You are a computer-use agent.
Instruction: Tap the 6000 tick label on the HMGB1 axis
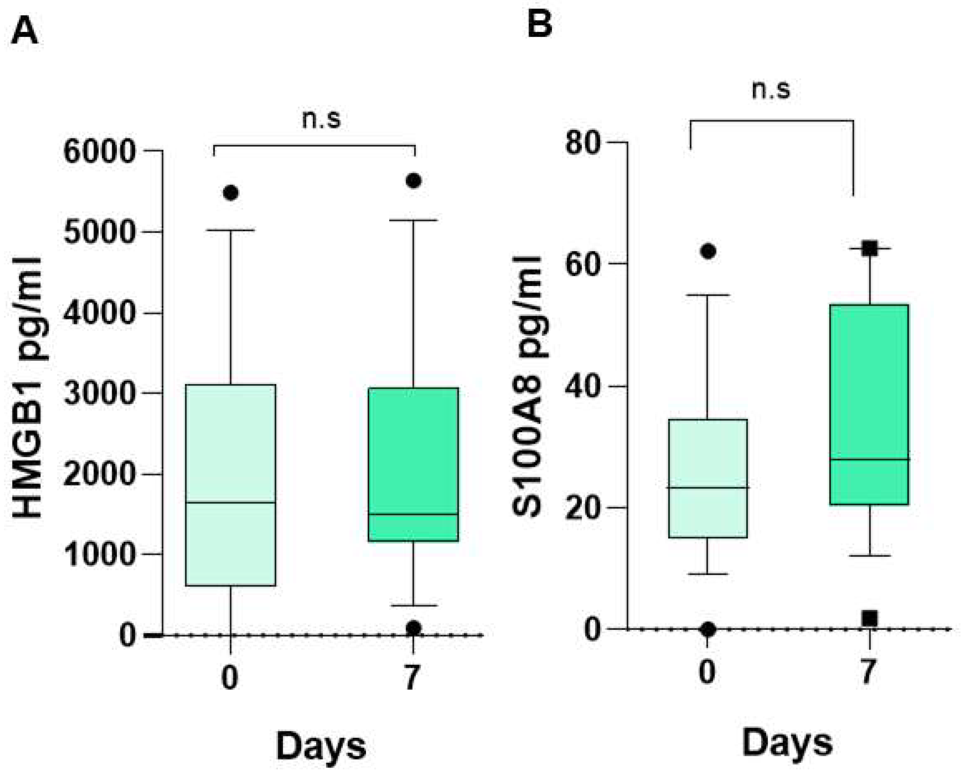[x=100, y=152]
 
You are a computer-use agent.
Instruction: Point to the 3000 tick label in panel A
[x=100, y=394]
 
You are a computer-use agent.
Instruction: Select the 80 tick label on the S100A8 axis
[x=583, y=143]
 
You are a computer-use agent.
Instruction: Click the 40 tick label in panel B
[x=583, y=386]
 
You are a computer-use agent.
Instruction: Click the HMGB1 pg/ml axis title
[x=27, y=388]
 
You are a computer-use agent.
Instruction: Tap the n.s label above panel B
[x=771, y=90]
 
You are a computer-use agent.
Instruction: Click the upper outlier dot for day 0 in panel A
[x=231, y=193]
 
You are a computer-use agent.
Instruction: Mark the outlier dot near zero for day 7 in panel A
[x=413, y=628]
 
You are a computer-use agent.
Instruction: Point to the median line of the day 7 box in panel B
[x=869, y=459]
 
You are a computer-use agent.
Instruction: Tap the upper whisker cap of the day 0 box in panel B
[x=708, y=295]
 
